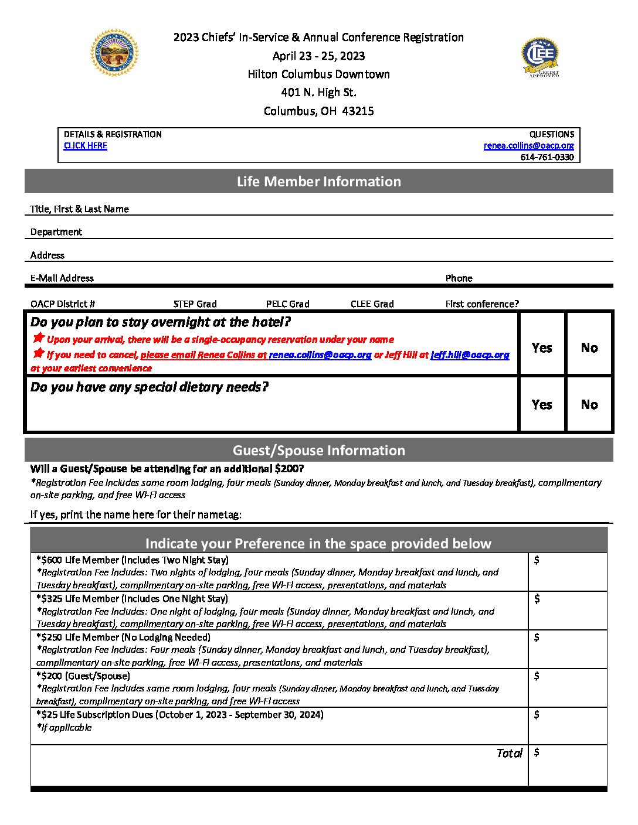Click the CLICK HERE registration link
point(85,146)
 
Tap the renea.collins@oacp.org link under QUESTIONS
point(528,146)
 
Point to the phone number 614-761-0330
point(547,157)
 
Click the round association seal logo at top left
point(114,53)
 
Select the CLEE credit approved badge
point(540,57)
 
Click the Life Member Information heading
point(318,182)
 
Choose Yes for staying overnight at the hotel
point(542,348)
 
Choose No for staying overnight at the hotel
point(589,348)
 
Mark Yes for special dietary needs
point(542,405)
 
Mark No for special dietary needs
point(589,405)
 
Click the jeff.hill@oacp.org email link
point(470,355)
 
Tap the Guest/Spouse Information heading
point(318,451)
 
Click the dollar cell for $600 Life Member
point(567,572)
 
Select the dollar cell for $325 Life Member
point(567,611)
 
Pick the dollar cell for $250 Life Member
point(567,649)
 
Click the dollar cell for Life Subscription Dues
point(567,726)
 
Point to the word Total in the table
point(509,754)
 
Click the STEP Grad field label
point(195,304)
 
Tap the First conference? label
point(482,304)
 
